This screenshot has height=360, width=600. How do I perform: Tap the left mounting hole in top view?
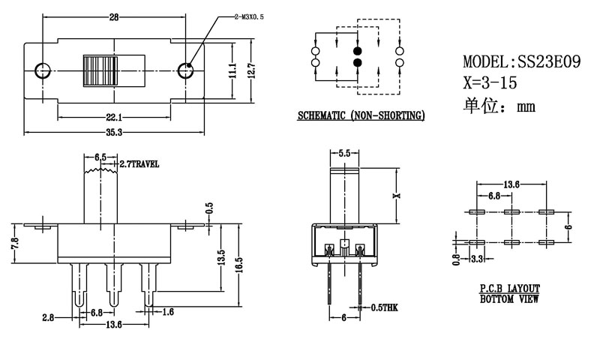click(x=43, y=70)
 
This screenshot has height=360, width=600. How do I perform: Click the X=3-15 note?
click(x=490, y=82)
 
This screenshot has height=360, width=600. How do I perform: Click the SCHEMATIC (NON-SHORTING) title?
click(x=361, y=115)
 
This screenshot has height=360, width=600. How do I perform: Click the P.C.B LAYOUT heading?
click(x=510, y=289)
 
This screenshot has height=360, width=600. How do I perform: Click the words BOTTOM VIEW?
click(x=510, y=299)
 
